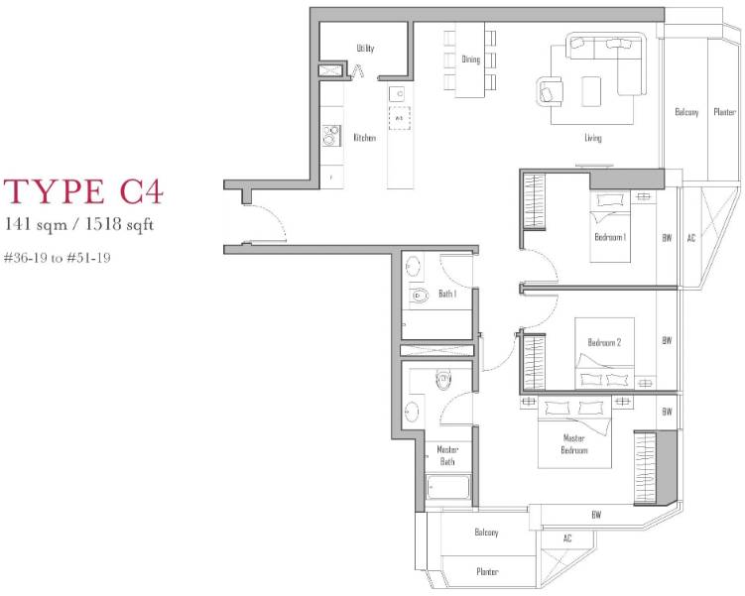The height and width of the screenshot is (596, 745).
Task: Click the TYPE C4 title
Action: click(83, 191)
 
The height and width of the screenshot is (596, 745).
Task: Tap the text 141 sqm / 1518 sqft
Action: click(79, 224)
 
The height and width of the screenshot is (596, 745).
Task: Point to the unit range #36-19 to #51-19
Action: click(57, 258)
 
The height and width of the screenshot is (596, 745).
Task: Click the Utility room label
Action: click(365, 48)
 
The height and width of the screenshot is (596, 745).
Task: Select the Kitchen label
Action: click(364, 138)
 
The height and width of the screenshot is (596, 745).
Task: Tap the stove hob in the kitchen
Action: click(331, 135)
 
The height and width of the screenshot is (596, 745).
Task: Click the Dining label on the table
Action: click(471, 60)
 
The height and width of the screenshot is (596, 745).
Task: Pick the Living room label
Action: click(593, 138)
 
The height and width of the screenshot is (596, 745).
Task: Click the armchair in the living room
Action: click(551, 91)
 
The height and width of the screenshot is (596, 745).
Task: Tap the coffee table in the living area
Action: click(591, 91)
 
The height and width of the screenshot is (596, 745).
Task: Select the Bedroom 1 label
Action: click(610, 236)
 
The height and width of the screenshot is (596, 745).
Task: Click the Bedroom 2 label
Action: click(604, 342)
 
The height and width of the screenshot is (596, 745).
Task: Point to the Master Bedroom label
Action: click(574, 444)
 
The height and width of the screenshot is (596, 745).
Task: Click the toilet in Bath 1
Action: click(419, 297)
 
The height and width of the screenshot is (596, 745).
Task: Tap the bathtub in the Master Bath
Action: click(448, 488)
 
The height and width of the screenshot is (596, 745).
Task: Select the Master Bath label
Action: click(447, 455)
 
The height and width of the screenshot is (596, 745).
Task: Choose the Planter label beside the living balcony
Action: click(724, 112)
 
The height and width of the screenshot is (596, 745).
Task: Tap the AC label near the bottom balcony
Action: click(567, 538)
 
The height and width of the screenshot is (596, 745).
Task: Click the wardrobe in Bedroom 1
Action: click(534, 202)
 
